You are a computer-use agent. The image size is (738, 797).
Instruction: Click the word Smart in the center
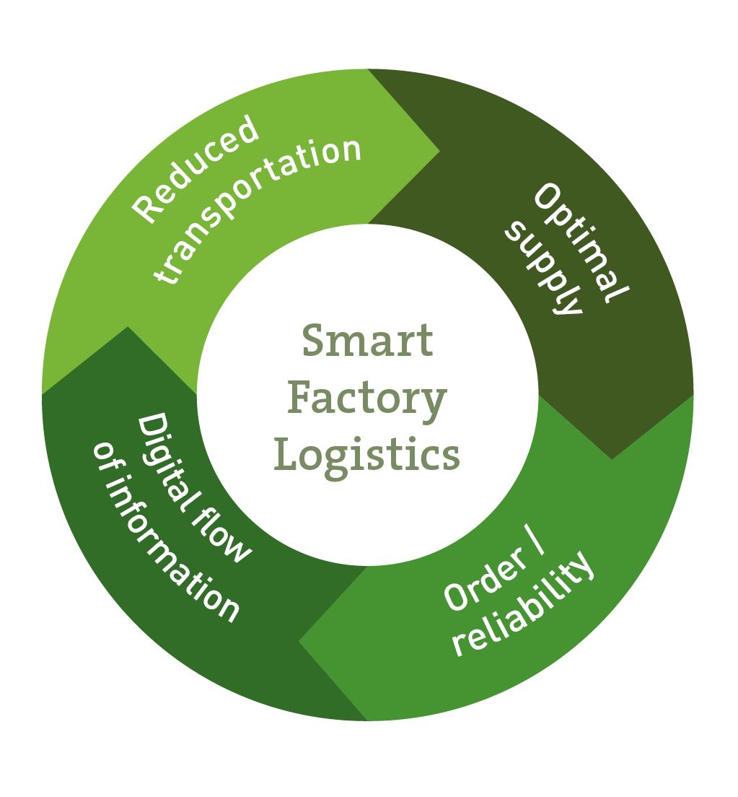pyautogui.click(x=367, y=341)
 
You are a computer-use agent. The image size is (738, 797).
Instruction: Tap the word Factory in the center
pyautogui.click(x=367, y=398)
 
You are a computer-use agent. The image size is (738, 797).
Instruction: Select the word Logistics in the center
pyautogui.click(x=367, y=456)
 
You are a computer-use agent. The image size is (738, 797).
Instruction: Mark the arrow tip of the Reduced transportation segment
pyautogui.click(x=438, y=152)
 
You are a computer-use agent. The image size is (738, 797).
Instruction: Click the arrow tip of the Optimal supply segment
pyautogui.click(x=612, y=458)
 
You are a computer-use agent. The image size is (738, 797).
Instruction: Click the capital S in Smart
pyautogui.click(x=311, y=341)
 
